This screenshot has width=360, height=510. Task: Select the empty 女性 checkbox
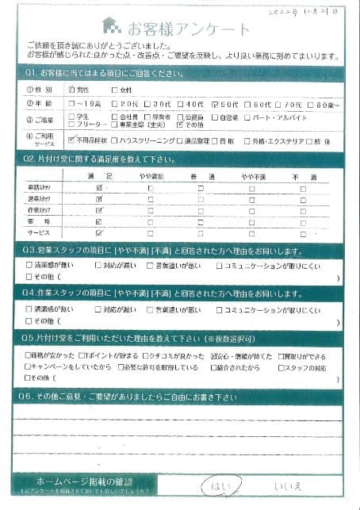(115, 90)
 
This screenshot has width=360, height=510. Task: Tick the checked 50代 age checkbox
(216, 104)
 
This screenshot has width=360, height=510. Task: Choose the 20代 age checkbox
(115, 104)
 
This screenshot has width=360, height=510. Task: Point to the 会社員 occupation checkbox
(115, 117)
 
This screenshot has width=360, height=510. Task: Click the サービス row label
(40, 234)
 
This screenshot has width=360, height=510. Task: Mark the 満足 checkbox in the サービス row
(99, 234)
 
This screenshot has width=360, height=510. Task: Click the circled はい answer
(216, 485)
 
